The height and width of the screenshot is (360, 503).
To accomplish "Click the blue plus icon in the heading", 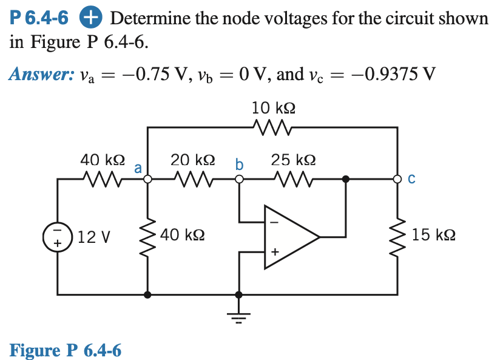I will tap(89, 18).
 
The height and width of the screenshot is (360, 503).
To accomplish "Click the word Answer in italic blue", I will tap(38, 75).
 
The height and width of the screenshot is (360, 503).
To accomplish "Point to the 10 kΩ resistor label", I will tap(274, 108).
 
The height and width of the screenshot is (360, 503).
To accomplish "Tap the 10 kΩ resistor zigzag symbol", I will tap(274, 127).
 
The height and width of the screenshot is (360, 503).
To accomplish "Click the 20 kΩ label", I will tap(192, 160).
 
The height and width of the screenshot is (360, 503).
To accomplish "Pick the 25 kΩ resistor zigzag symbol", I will tap(294, 179).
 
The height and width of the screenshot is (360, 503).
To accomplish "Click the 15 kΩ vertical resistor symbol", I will tap(398, 235).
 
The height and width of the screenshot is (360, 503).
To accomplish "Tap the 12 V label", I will tap(94, 236).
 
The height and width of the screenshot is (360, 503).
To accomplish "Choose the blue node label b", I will tap(239, 164).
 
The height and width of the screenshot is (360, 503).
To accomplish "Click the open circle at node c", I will tap(398, 179).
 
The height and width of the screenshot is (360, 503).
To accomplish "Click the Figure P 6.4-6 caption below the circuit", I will tap(66, 350).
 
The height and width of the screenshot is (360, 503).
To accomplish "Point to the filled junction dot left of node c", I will tap(346, 179).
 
